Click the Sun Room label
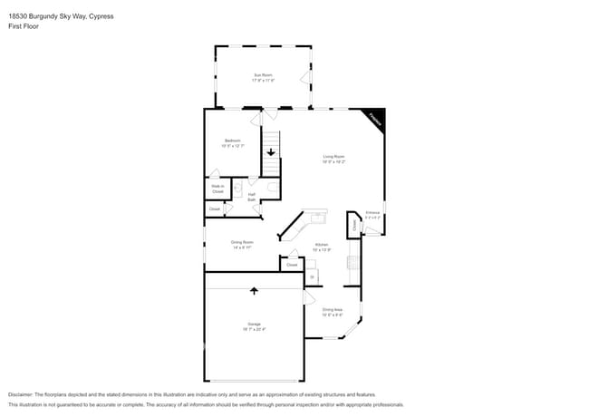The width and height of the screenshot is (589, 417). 263,78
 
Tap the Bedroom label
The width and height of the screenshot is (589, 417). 233,142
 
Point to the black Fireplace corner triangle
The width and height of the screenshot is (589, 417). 376,118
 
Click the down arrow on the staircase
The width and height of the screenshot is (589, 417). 270,152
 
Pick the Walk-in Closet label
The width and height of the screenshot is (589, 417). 217,189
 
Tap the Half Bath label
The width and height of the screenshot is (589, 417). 251,197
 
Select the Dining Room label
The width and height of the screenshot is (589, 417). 242,244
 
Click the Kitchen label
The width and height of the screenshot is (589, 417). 322,247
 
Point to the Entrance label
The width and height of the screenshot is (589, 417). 372,216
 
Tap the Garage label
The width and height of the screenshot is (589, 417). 254,326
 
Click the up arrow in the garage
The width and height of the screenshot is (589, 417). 254,291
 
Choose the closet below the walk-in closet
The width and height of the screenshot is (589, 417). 215,209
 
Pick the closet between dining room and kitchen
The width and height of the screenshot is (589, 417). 292,265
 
